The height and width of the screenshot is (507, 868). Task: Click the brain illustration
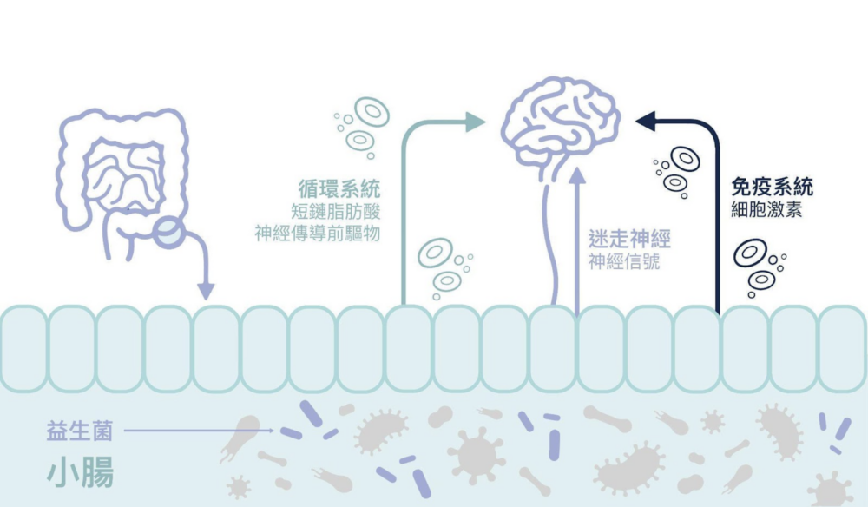pos(562,122)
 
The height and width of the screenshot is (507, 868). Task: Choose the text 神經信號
pos(623,261)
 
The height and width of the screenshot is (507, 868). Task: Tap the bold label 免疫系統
pos(772,187)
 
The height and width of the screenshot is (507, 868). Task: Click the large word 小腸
pos(80,473)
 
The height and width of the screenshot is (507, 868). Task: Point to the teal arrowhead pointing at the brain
pos(475,122)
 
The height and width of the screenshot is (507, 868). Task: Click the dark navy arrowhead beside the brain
pos(647,122)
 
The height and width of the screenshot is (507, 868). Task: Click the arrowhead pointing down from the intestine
pos(206,290)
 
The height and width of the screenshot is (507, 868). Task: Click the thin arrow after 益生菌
pos(200,430)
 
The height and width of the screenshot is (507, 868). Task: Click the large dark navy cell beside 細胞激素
pos(749,253)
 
